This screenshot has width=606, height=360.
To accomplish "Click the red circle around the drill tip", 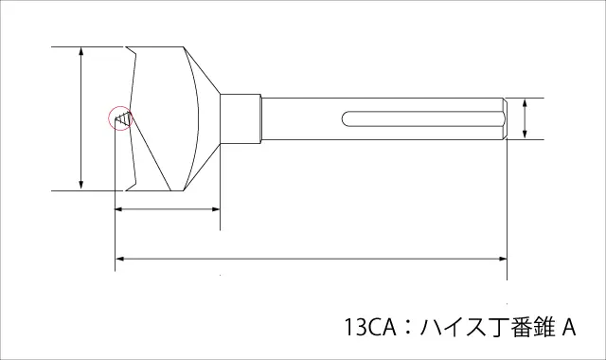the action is [109, 117].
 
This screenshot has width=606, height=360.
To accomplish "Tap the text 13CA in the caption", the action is [370, 327].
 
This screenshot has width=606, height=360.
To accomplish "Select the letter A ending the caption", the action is [568, 327].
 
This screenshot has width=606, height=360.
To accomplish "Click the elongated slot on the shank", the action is [422, 118].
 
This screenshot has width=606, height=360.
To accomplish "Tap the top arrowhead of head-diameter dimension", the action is [80, 51].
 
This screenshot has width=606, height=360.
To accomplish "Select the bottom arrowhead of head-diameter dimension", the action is [80, 186].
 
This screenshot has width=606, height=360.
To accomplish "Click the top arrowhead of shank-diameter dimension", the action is [525, 102].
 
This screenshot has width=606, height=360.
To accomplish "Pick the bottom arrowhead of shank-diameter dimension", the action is [525, 135].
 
